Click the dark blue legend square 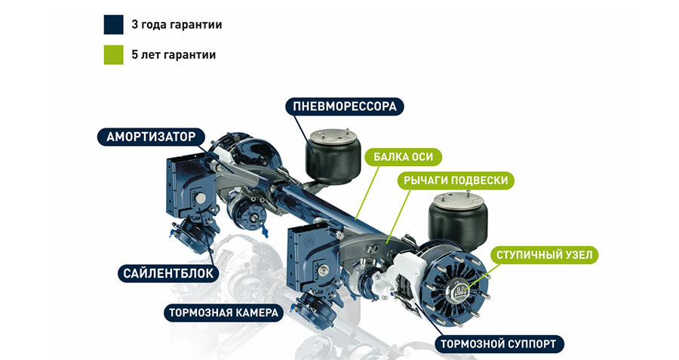[113, 25]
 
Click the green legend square [113, 55]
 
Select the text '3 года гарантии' [177, 25]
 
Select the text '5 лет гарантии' [174, 55]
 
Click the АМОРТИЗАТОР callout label [151, 137]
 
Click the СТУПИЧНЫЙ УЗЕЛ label [545, 255]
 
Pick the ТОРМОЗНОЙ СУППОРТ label [499, 345]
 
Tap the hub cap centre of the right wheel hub [457, 288]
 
